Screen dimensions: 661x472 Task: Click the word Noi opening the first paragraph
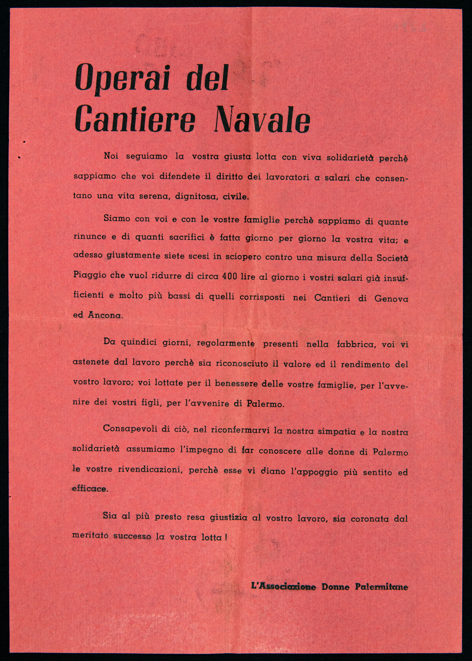[111, 156]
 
